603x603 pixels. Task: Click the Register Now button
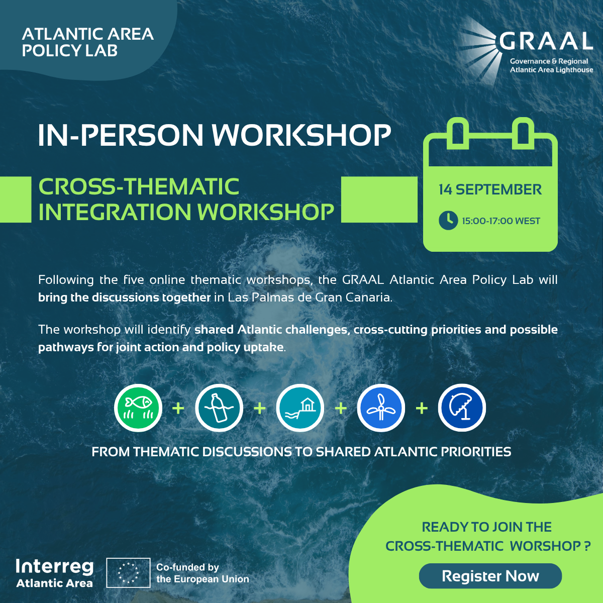[490, 576]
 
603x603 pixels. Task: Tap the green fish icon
[138, 408]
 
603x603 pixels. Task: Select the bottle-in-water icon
[219, 408]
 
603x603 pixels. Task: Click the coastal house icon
[300, 408]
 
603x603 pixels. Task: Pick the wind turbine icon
[381, 408]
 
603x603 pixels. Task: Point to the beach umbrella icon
[462, 408]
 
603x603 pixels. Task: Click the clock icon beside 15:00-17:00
[448, 221]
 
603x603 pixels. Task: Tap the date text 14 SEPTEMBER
[490, 189]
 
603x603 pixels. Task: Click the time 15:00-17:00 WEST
[501, 221]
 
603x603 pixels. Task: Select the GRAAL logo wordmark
[546, 41]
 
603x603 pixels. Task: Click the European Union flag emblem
[128, 573]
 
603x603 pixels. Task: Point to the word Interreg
[55, 567]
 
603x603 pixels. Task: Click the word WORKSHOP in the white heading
[301, 135]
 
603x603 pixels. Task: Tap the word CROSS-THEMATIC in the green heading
[139, 186]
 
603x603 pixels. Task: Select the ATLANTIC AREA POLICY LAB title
[87, 42]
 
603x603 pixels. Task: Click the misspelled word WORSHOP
[545, 546]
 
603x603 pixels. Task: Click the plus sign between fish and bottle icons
[178, 408]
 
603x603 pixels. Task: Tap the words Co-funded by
[187, 567]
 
